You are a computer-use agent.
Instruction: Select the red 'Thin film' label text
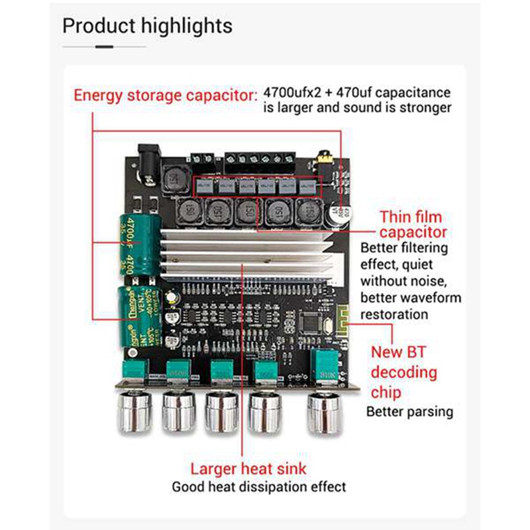click(x=411, y=217)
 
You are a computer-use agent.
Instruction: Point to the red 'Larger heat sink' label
click(x=248, y=469)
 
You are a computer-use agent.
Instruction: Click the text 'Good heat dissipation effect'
click(x=259, y=487)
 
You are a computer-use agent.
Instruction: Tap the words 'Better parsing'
click(x=410, y=411)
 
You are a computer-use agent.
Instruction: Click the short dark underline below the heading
click(x=105, y=47)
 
